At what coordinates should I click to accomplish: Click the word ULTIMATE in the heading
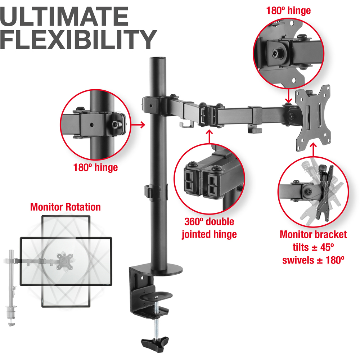[x=64, y=16]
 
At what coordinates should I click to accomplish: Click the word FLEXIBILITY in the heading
[x=78, y=39]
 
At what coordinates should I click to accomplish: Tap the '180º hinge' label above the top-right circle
[x=288, y=10]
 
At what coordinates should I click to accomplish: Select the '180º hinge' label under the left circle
[x=95, y=167]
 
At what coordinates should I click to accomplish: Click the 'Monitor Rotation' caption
[x=66, y=207]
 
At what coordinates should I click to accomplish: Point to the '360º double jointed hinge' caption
[x=209, y=228]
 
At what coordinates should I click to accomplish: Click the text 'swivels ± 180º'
[x=313, y=260]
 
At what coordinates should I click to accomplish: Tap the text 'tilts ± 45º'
[x=313, y=247]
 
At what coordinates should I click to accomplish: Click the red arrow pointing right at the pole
[x=138, y=125]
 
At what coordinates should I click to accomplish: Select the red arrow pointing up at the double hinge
[x=209, y=137]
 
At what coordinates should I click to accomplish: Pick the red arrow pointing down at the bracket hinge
[x=288, y=96]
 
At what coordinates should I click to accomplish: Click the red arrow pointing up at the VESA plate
[x=313, y=150]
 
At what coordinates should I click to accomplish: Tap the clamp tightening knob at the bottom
[x=155, y=343]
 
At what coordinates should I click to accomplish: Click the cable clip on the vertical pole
[x=152, y=191]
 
